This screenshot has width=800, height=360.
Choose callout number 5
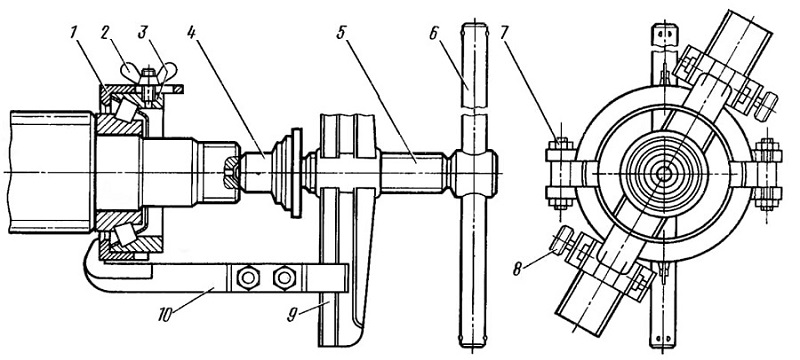pyautogui.click(x=341, y=32)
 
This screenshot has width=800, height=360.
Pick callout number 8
pyautogui.click(x=517, y=268)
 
